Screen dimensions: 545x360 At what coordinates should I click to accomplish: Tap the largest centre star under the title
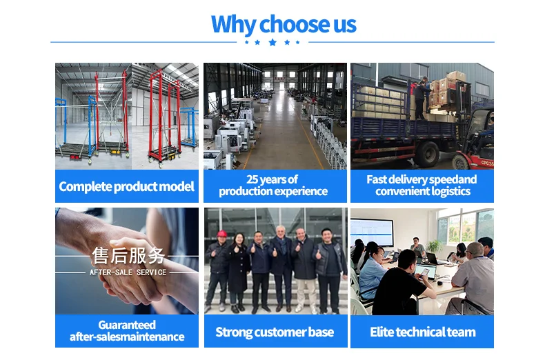pyautogui.click(x=272, y=42)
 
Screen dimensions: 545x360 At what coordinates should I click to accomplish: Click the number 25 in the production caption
pyautogui.click(x=252, y=179)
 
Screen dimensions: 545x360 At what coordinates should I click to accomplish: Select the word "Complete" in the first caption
pyautogui.click(x=85, y=187)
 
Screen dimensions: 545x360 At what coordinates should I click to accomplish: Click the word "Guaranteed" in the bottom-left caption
pyautogui.click(x=127, y=325)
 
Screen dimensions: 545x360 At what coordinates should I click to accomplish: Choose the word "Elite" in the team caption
pyautogui.click(x=382, y=332)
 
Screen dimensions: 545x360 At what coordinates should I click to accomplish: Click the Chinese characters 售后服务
pyautogui.click(x=128, y=256)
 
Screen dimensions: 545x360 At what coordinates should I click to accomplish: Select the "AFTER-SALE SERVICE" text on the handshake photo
pyautogui.click(x=128, y=272)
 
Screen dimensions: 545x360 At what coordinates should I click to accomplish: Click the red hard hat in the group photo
pyautogui.click(x=221, y=233)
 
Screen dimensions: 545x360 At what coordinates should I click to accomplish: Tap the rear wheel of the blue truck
pyautogui.click(x=426, y=154)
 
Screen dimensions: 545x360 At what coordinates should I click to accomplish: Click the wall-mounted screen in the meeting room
pyautogui.click(x=372, y=233)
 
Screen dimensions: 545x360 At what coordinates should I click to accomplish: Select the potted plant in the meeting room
pyautogui.click(x=434, y=247)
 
